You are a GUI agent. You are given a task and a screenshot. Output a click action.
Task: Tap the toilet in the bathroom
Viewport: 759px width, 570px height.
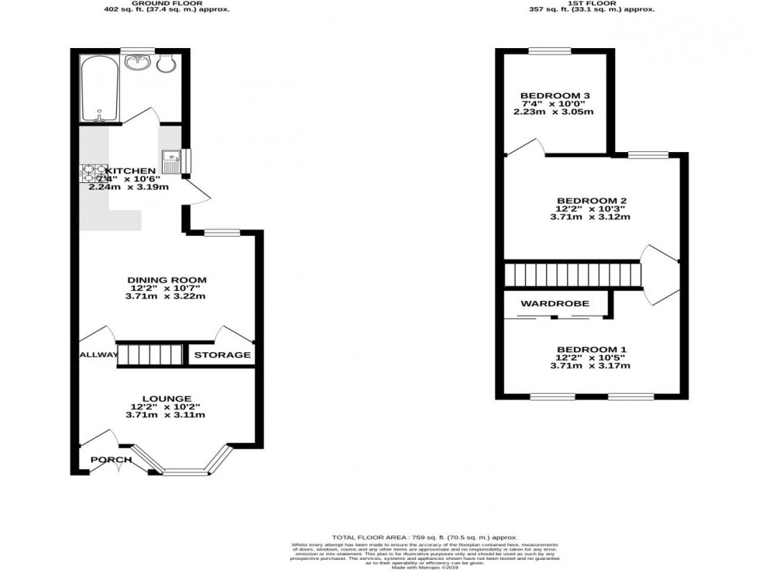point(166,64)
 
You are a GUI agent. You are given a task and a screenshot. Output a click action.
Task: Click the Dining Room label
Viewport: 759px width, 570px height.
point(168,280)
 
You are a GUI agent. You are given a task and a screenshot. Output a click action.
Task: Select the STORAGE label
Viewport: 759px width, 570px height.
point(222,355)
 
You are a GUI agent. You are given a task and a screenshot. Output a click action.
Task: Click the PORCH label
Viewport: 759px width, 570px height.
point(112,460)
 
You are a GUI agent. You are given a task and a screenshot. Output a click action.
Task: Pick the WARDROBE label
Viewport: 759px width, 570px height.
point(555,303)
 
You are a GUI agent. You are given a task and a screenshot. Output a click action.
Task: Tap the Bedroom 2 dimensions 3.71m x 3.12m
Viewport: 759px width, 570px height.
point(590,216)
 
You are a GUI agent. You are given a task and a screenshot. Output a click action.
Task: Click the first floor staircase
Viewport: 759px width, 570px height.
point(573,275)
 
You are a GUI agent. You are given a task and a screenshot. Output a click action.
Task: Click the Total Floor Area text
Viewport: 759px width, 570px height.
point(424,537)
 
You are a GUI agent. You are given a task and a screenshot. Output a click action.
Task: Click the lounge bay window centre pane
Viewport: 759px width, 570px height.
point(184,471)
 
